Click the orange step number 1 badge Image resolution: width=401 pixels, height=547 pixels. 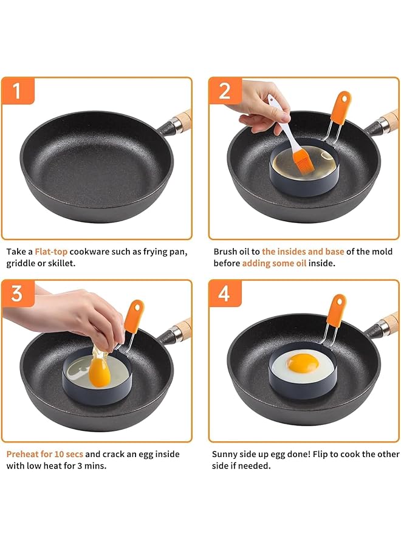point(18,91)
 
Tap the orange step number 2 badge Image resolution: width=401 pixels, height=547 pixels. point(225,91)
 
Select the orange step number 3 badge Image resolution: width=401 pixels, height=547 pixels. point(18,294)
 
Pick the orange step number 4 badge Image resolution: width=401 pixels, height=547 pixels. point(225,294)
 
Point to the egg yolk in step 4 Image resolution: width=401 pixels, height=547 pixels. point(303,363)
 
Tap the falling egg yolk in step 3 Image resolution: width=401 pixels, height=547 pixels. point(100,373)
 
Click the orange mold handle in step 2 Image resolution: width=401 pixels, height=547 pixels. point(341,108)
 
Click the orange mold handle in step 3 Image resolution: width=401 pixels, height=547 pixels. point(134,316)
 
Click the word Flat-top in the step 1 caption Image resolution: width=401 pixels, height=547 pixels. point(51,252)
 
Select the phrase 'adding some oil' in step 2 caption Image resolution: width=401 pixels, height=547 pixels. point(274,263)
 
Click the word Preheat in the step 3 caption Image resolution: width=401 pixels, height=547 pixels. point(22,454)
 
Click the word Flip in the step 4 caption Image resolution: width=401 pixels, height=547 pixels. point(320,454)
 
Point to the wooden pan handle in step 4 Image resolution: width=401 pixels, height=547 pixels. point(391,322)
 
